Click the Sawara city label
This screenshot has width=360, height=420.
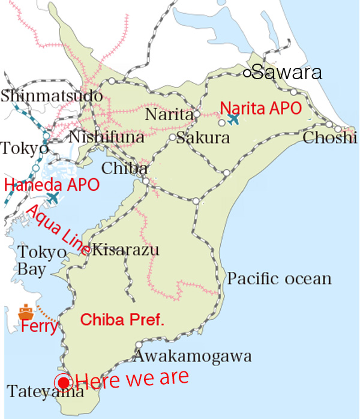point(287,73)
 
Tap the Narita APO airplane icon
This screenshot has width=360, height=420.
point(233,119)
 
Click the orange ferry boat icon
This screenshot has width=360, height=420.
point(26,312)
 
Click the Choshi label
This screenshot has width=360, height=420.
point(329,139)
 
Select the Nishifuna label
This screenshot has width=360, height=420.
point(107,138)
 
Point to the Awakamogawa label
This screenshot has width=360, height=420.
point(192,356)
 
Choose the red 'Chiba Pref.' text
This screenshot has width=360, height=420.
point(122,319)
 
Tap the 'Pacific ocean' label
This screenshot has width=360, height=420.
point(280,279)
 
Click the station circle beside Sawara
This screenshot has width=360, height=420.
point(247,73)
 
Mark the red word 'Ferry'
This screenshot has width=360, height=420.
point(39,328)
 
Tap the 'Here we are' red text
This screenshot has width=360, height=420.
point(132,378)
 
